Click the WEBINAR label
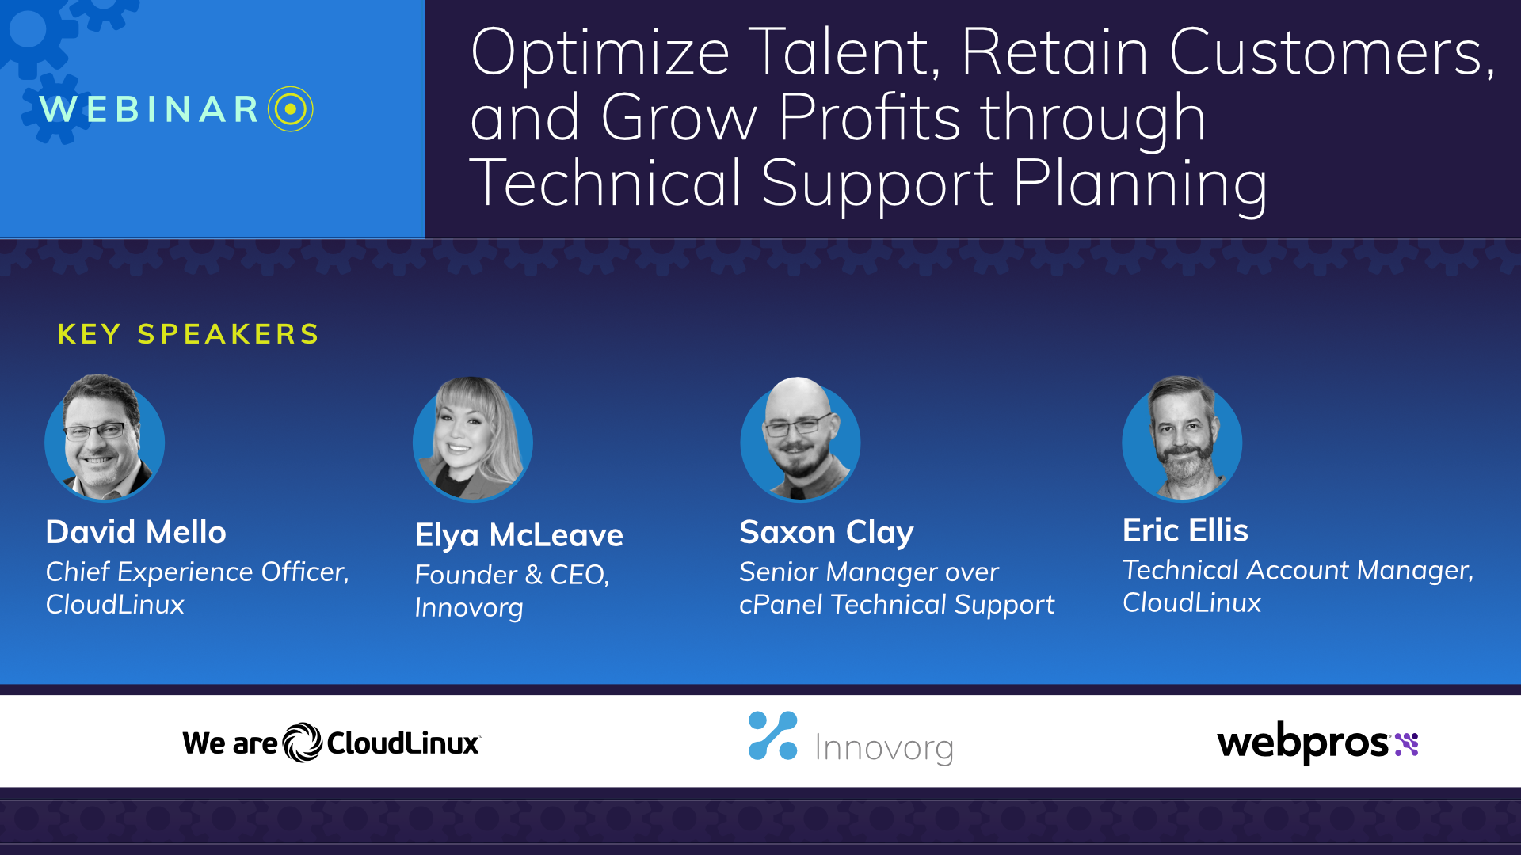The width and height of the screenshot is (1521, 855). [150, 109]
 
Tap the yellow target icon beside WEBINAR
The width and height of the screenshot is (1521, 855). [291, 108]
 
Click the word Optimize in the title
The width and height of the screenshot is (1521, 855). [600, 52]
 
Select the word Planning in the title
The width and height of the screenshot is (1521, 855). [1140, 184]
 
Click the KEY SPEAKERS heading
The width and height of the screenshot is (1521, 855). [188, 334]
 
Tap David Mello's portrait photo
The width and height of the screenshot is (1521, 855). [105, 439]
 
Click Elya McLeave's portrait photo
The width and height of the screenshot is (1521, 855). [473, 439]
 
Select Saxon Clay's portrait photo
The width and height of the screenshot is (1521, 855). [800, 439]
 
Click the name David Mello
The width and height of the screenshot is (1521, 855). [136, 532]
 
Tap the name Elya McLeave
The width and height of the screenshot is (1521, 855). [519, 536]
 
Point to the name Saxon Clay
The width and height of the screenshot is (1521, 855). [826, 533]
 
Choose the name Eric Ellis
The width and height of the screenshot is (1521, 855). [1185, 530]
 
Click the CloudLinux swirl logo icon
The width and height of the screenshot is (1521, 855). [303, 743]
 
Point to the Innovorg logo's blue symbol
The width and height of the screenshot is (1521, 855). [772, 735]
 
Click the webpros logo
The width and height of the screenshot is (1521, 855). [1317, 743]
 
